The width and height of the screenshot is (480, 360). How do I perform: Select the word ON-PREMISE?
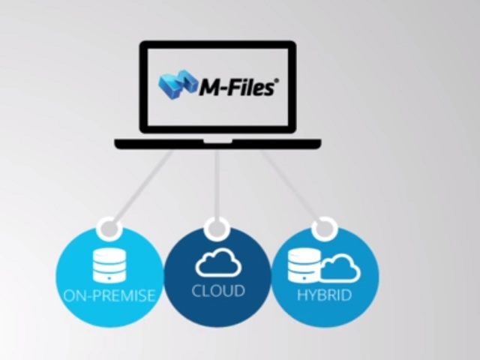pyautogui.click(x=109, y=295)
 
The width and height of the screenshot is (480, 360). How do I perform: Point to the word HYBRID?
pyautogui.click(x=325, y=295)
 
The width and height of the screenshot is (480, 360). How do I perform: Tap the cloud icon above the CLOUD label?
pyautogui.click(x=217, y=262)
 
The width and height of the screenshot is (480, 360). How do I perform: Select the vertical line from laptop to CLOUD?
pyautogui.click(x=217, y=184)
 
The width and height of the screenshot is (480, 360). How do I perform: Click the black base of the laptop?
pyautogui.click(x=217, y=143)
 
